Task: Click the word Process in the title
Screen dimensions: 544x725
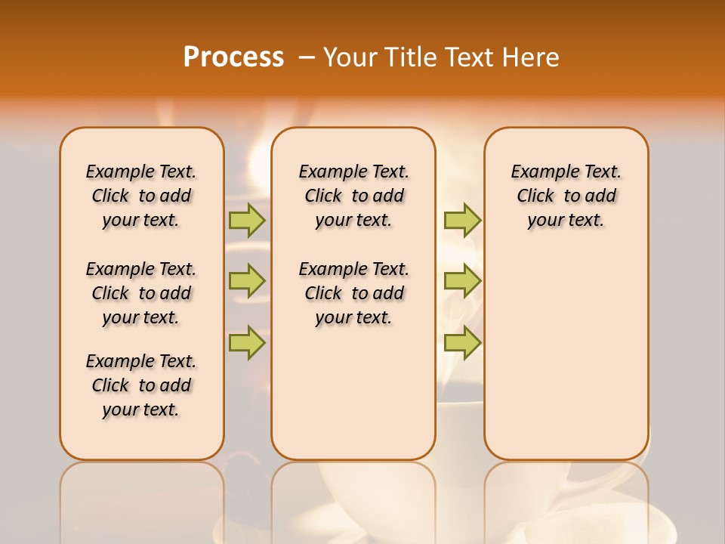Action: point(233,57)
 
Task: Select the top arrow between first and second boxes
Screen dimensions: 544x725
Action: point(247,220)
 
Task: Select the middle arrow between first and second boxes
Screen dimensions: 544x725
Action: point(247,281)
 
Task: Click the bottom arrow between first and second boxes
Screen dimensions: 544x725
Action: point(247,342)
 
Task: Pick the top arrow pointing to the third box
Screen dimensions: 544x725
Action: point(462,220)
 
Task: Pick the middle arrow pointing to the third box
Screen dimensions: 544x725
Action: point(462,281)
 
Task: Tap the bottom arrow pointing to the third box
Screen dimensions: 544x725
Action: point(462,342)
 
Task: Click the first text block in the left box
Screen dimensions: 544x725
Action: point(141,196)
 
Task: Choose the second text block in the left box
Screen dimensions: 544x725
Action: point(141,293)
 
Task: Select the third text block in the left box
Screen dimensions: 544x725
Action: point(141,385)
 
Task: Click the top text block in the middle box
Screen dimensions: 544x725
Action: point(353,196)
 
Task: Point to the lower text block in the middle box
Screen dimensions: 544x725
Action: point(353,293)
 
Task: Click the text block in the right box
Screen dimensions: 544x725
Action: point(566,196)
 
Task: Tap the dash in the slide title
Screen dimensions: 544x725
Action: point(307,58)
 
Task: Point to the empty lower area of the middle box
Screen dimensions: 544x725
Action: point(353,393)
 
